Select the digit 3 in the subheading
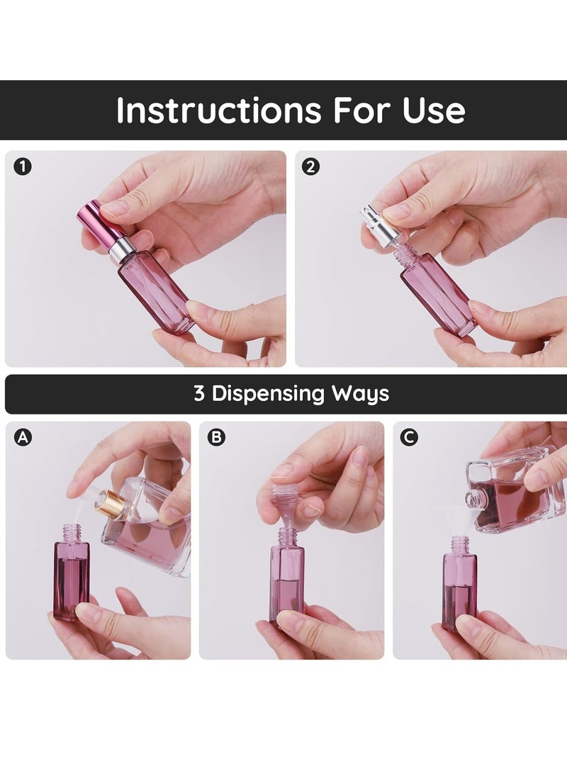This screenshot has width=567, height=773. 200,393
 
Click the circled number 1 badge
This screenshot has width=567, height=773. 23,167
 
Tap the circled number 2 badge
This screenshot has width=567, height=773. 311,167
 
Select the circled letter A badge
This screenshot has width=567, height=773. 23,438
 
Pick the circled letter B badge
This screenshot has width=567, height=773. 216,438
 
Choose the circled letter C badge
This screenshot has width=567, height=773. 409,438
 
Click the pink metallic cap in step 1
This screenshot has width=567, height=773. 95,220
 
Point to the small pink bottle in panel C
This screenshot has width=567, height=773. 459,585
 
